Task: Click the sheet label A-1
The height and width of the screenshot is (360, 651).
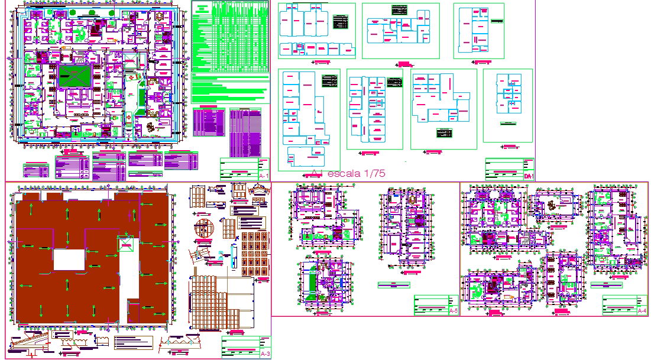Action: [264, 176]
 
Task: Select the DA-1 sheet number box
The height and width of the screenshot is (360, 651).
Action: [529, 176]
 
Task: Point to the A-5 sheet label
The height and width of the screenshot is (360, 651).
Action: [454, 310]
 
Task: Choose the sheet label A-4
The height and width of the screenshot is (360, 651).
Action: [642, 310]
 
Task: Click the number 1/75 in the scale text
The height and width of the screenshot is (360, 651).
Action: [373, 173]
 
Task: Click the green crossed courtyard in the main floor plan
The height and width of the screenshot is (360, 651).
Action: [75, 76]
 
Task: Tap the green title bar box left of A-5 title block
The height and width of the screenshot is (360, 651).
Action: [393, 285]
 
